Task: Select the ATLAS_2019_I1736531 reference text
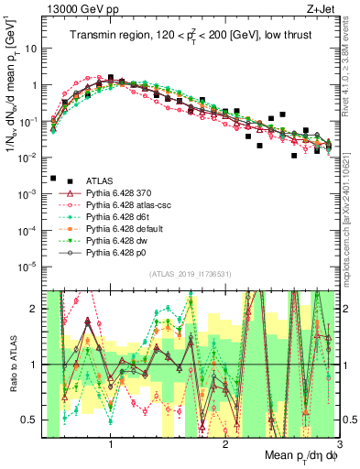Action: (x=191, y=273)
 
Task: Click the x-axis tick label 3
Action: (x=340, y=446)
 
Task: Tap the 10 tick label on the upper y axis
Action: (x=35, y=49)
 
